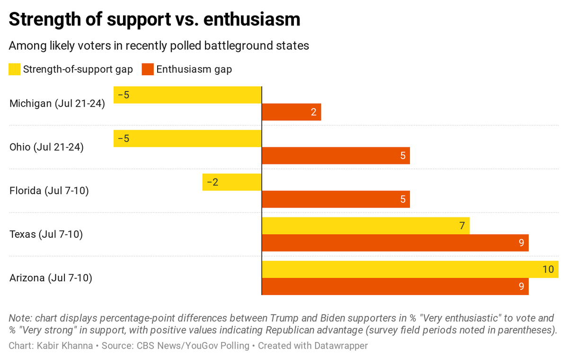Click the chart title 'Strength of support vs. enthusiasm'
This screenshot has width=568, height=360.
click(154, 19)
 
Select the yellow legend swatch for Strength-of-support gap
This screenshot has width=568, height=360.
click(15, 70)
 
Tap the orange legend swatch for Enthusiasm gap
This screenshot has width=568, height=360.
click(148, 70)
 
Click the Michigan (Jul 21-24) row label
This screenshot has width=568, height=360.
click(57, 103)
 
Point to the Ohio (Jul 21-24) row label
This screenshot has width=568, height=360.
click(46, 147)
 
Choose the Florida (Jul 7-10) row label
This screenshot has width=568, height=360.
click(49, 190)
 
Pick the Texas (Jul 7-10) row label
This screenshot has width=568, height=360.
click(46, 234)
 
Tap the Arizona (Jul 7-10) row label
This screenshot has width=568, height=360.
click(51, 278)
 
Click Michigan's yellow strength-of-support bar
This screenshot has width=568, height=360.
click(187, 95)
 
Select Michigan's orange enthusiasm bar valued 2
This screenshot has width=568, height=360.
click(291, 112)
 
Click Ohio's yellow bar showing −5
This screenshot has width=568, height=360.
click(187, 138)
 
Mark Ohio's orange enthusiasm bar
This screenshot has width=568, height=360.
click(336, 156)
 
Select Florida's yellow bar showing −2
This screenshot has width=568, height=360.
click(232, 182)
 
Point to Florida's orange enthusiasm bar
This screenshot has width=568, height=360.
click(336, 199)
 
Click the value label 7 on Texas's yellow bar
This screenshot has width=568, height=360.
click(461, 225)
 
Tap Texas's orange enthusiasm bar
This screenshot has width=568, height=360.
click(395, 243)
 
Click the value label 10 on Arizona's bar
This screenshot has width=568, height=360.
click(548, 269)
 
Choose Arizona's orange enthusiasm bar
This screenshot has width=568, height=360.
click(395, 287)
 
